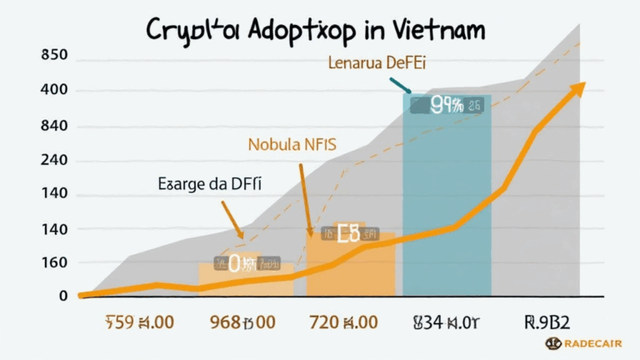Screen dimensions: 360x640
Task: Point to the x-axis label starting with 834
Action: [x=445, y=321]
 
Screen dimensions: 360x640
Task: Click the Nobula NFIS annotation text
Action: [x=292, y=144]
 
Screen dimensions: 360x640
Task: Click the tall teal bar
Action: [x=447, y=208]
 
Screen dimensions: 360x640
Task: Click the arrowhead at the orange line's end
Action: [x=577, y=88]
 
